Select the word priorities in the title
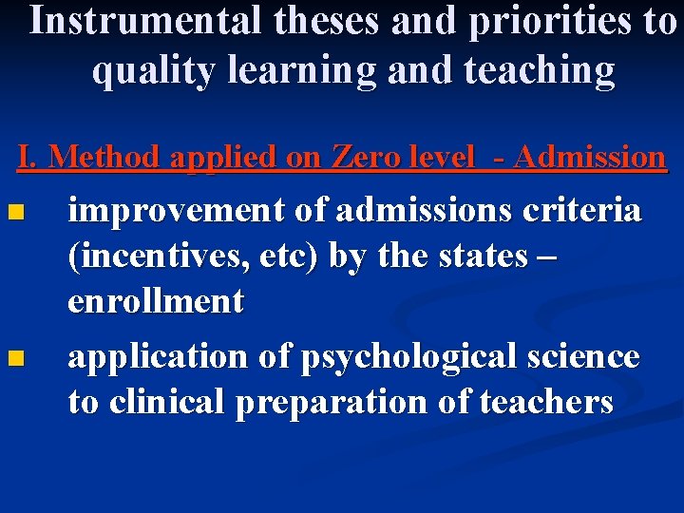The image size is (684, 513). (x=539, y=22)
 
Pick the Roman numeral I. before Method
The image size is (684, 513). (x=28, y=157)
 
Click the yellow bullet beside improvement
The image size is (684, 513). (x=13, y=212)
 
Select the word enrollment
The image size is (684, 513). (x=156, y=302)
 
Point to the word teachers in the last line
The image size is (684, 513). (x=547, y=402)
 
